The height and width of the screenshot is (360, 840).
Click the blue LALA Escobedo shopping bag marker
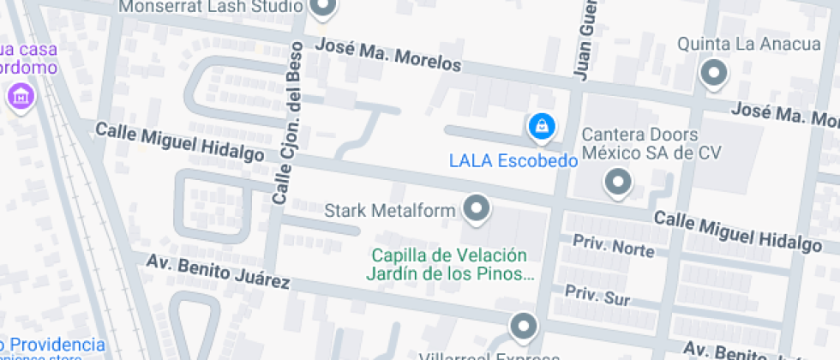pyautogui.click(x=541, y=127)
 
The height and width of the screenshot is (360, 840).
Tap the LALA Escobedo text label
pyautogui.click(x=509, y=159)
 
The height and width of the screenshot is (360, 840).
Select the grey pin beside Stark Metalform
pyautogui.click(x=477, y=208)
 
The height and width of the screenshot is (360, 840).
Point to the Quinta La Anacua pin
pyautogui.click(x=713, y=74)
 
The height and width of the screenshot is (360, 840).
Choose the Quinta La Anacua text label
pyautogui.click(x=733, y=43)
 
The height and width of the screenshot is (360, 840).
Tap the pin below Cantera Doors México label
pyautogui.click(x=617, y=182)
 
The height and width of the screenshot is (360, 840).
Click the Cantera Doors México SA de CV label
pyautogui.click(x=651, y=144)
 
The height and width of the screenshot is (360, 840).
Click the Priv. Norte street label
pyautogui.click(x=614, y=246)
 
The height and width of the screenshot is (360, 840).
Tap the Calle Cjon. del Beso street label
pyautogui.click(x=289, y=122)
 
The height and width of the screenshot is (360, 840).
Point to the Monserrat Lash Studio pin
pyautogui.click(x=324, y=9)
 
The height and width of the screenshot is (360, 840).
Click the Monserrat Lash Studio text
pyautogui.click(x=211, y=7)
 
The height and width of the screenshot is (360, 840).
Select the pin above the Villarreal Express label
pyautogui.click(x=523, y=327)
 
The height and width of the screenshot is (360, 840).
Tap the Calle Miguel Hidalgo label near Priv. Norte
pyautogui.click(x=738, y=231)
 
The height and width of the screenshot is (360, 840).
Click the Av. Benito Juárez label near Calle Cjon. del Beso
pyautogui.click(x=218, y=271)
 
